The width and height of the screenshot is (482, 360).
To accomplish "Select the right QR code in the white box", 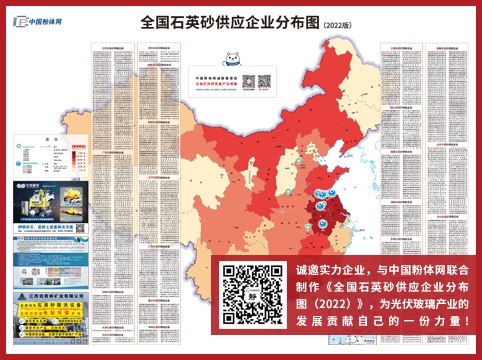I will pos(264,82).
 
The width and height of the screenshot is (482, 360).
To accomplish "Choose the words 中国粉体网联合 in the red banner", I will pos(426,271).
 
